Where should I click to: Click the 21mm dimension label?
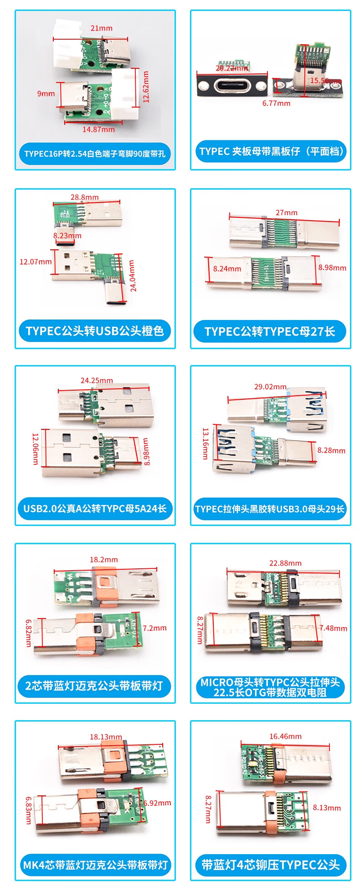coord(101,28)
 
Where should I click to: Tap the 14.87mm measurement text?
coord(98,129)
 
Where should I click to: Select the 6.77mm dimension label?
coord(276,103)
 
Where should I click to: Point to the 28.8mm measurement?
coord(84,197)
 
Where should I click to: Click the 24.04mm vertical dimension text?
coord(132,275)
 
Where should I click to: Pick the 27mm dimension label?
coord(286,212)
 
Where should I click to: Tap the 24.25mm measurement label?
coord(97,380)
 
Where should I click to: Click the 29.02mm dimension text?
coord(270,387)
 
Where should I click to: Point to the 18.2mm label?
coord(103,559)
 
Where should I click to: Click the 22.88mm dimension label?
coord(285,563)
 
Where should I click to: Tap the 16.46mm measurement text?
coord(285,736)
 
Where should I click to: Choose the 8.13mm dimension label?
coord(327,808)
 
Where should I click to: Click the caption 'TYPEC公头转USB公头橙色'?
coord(95,331)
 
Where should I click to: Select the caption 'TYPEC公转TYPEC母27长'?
coord(270,331)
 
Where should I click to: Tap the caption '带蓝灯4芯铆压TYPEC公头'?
coord(270,865)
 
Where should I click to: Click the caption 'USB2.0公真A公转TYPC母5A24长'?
coord(95,508)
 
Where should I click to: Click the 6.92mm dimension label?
coord(157,803)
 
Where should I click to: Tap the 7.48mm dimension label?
coord(333,628)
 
